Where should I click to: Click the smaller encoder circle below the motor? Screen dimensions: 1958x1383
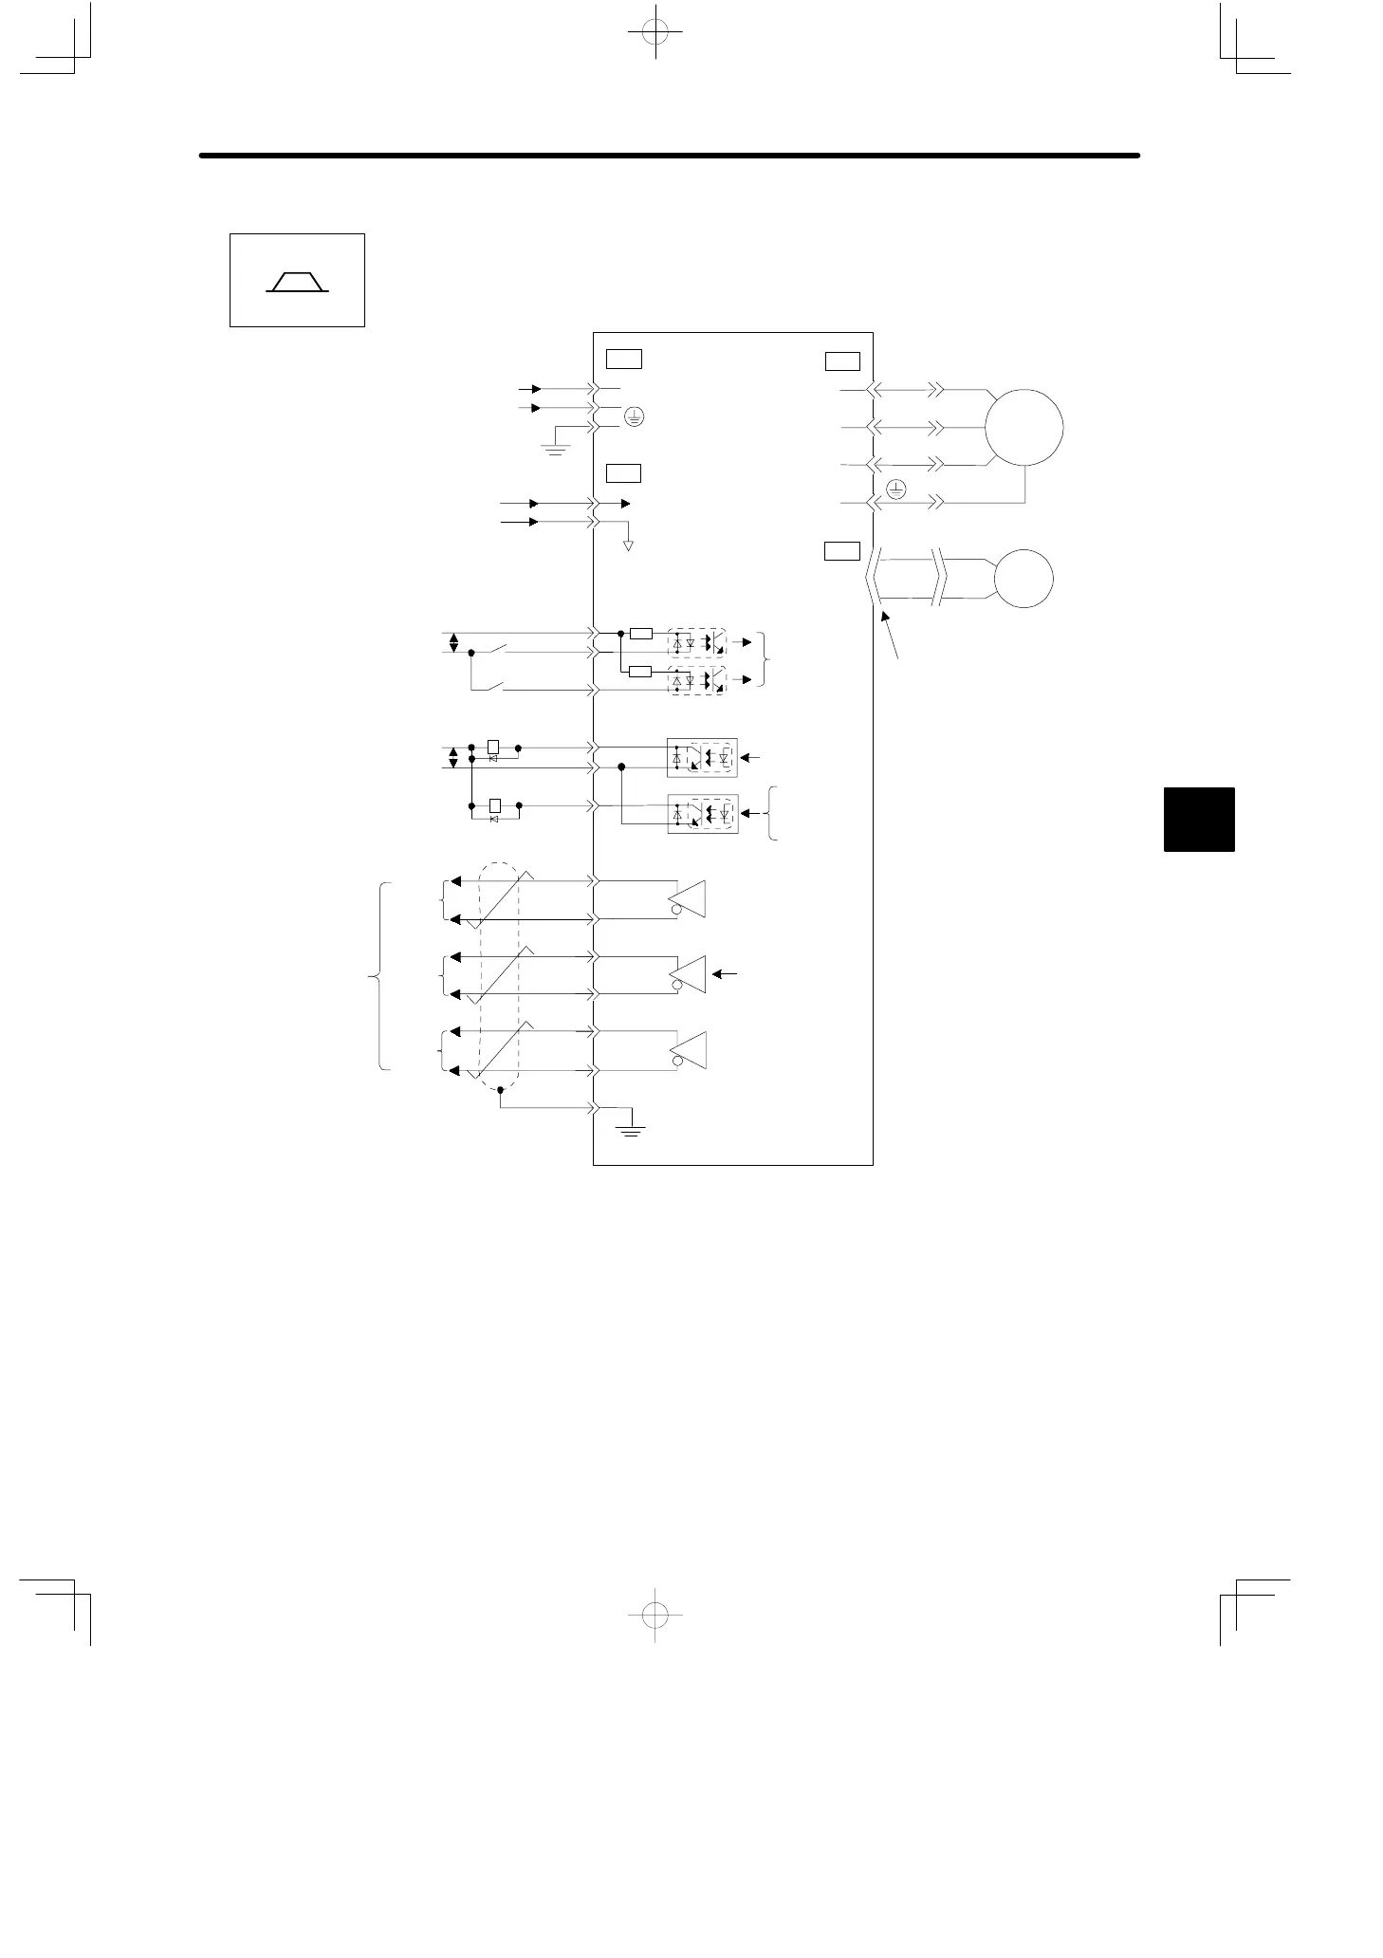(1023, 578)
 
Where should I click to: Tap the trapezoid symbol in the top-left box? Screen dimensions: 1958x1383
(297, 282)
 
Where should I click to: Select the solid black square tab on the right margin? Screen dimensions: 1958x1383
(1199, 819)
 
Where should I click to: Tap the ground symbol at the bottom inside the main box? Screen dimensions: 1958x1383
(630, 1127)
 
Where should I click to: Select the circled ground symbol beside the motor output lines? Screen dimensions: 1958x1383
(895, 489)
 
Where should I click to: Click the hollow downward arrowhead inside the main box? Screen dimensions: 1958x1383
(628, 545)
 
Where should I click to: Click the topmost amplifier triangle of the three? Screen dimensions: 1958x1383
(688, 898)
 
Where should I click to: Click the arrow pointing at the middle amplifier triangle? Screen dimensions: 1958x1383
(725, 974)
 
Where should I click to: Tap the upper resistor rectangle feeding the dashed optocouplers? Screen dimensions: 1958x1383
(641, 633)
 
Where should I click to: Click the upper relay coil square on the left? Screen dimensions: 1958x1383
(493, 747)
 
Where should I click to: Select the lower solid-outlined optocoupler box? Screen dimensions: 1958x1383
(702, 814)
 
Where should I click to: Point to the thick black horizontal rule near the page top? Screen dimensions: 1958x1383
(669, 155)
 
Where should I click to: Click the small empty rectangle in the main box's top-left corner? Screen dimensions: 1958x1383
(624, 359)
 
